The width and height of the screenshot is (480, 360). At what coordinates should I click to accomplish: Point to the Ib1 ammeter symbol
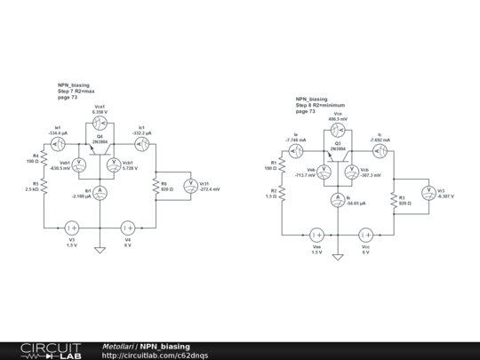coord(100,192)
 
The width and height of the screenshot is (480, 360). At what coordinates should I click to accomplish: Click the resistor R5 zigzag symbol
coord(45,189)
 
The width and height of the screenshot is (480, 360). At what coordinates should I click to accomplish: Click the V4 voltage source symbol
coord(128,228)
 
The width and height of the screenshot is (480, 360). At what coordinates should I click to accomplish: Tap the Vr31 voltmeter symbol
coord(188,186)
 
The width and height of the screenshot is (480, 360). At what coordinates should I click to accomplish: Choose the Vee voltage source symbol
coord(316,235)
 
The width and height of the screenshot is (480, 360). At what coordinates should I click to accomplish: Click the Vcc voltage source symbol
coord(364,235)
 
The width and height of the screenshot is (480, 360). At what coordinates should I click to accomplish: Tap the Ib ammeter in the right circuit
coord(337,199)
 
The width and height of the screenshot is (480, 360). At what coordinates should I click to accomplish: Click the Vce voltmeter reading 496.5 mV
coord(337,130)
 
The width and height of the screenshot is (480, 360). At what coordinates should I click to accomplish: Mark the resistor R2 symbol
coord(282,193)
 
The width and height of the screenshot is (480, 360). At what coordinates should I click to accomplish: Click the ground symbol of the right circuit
coord(337,257)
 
